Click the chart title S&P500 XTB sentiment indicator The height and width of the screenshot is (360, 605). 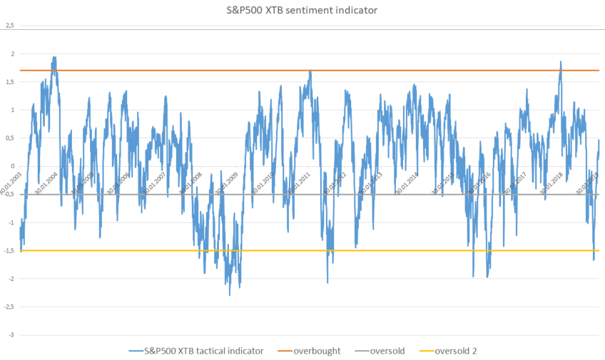click(303, 10)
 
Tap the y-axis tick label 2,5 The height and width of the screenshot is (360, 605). click(9, 26)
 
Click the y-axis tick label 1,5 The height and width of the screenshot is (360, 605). click(9, 82)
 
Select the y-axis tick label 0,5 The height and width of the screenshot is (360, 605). click(9, 138)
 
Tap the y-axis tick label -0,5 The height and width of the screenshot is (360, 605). click(9, 195)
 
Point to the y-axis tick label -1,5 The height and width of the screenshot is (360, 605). click(9, 251)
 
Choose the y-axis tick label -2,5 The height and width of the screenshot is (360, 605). click(9, 307)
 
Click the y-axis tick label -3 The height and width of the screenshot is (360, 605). click(11, 335)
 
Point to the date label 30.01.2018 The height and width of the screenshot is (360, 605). click(554, 183)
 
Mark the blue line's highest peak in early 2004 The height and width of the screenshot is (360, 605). click(54, 57)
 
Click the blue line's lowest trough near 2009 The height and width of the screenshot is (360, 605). click(230, 294)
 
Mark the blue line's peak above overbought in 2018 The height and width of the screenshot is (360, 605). click(561, 61)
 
